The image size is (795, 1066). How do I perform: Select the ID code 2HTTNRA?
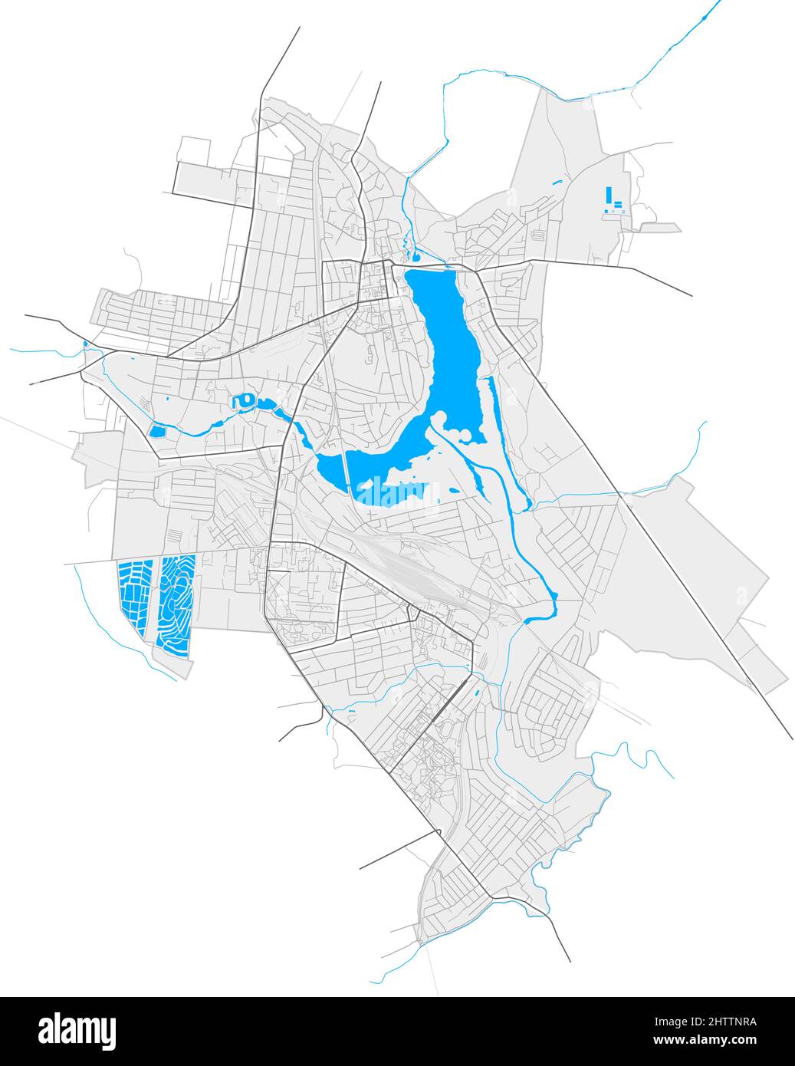point(721,1022)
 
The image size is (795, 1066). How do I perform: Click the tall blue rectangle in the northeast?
point(609,196)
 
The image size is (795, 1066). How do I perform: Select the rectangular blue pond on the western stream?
point(158,431)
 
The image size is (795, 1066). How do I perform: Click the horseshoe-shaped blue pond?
point(245,400)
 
